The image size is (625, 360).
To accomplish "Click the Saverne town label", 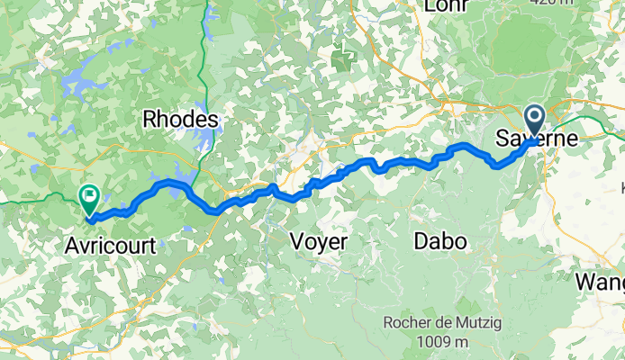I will tap(537, 141).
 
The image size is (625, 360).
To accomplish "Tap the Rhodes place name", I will tap(180, 120).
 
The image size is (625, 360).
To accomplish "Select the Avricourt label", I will tap(109, 245).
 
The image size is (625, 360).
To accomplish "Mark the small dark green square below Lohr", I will tap(343, 60).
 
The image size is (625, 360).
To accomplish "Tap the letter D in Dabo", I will tap(421, 241).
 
